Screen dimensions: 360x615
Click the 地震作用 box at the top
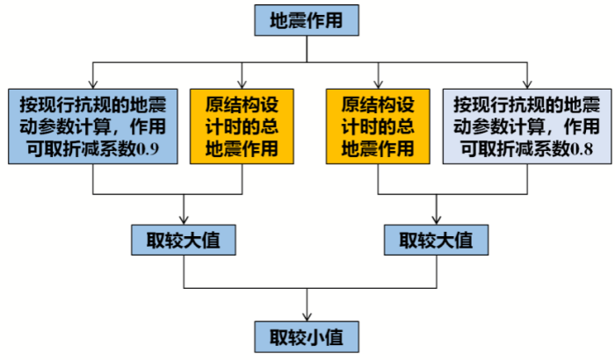pos(307,19)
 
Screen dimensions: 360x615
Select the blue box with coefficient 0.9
pos(94,126)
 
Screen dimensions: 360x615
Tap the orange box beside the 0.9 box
pos(241,126)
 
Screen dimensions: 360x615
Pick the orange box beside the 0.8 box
pos(378,126)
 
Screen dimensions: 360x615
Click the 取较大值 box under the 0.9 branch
pos(184,240)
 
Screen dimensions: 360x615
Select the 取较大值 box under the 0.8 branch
pos(436,240)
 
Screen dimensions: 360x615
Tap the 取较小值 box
pos(307,335)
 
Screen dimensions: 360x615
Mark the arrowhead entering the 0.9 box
pos(94,83)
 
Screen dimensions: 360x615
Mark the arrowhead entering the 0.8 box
pos(526,83)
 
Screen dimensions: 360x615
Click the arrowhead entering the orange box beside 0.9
pos(241,83)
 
